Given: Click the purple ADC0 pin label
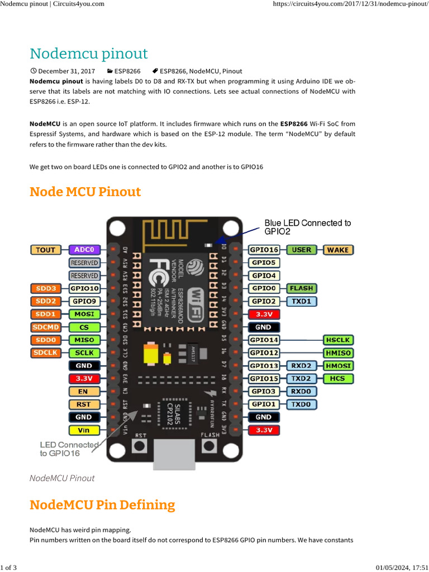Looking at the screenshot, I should [84, 250].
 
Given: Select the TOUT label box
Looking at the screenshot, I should [46, 250].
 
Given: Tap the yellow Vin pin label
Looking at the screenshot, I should [84, 430].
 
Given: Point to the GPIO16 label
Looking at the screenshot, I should [264, 250].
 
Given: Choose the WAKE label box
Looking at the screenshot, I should [337, 250].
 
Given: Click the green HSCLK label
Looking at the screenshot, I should [337, 340].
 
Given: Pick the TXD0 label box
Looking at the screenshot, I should [302, 404].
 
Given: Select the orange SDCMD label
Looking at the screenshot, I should [46, 327].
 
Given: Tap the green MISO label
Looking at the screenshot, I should [84, 340].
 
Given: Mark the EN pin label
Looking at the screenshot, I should [84, 392].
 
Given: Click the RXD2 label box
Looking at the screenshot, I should [302, 365].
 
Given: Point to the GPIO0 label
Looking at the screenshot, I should [264, 288].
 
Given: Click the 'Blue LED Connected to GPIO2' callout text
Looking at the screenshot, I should [307, 227].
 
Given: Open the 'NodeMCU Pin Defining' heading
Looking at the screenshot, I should [102, 505].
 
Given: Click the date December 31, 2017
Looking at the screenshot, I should [66, 71].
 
